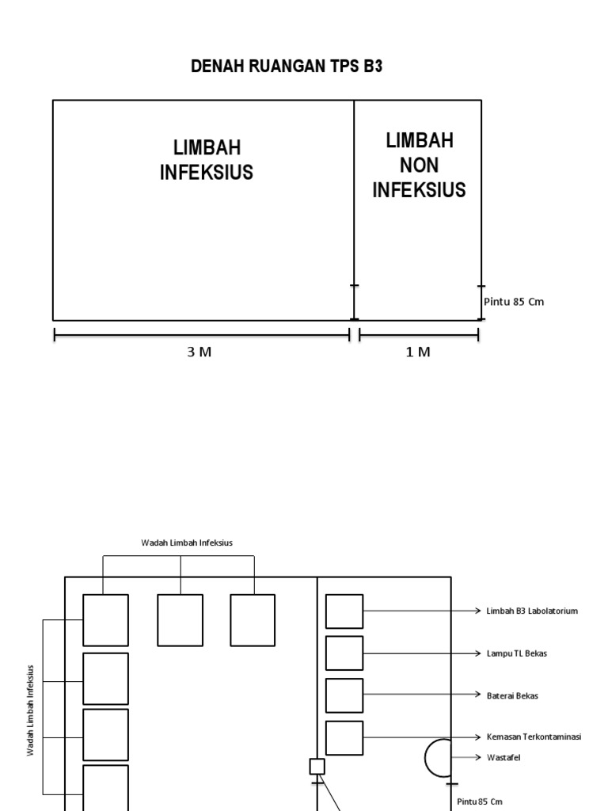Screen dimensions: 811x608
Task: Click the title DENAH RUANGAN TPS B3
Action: [287, 67]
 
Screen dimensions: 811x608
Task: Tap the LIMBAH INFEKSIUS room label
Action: [207, 160]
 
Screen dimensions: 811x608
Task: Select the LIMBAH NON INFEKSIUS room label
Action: [419, 166]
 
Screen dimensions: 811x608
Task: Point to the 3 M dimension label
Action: [199, 352]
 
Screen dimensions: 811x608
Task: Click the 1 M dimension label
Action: [419, 352]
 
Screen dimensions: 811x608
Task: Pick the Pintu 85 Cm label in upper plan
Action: [515, 302]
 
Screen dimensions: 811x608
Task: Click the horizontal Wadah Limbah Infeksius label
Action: [187, 543]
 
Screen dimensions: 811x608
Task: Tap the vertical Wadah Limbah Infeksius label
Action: [31, 710]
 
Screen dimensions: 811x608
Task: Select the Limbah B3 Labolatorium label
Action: [532, 611]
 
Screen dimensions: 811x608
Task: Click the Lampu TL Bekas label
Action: [516, 653]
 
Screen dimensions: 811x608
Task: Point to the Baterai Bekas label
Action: [512, 695]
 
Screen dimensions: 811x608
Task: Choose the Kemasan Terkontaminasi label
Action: [534, 737]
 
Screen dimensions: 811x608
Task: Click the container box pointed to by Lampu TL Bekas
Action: [344, 653]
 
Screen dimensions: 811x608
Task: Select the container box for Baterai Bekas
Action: [344, 695]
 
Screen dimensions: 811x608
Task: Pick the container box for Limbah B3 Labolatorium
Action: [344, 611]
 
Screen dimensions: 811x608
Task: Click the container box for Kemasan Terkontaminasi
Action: [344, 737]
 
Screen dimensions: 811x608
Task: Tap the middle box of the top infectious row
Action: [180, 620]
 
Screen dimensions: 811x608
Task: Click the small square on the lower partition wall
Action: [317, 766]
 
